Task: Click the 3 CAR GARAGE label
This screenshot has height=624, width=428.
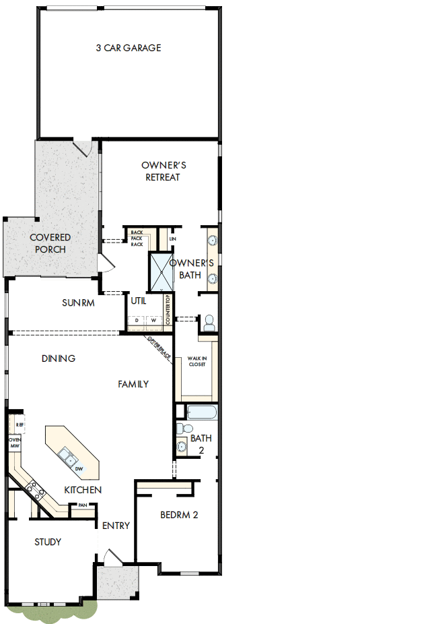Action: tap(129, 48)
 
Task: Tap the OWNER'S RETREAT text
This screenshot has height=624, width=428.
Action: tap(163, 171)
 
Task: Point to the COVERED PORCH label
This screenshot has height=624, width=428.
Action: tap(50, 243)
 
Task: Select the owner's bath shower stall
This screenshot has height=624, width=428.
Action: tap(161, 272)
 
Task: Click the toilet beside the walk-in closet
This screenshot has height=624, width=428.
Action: tap(209, 323)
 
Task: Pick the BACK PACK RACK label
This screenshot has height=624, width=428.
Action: tap(137, 239)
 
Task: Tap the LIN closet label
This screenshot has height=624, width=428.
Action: tap(172, 239)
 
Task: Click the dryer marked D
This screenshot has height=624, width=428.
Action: tap(137, 319)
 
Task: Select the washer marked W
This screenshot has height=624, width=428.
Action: tap(153, 319)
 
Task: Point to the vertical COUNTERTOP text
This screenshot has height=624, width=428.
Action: tap(168, 311)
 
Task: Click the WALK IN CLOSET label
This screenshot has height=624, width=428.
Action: tap(197, 362)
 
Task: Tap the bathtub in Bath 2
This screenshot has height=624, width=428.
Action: tap(203, 412)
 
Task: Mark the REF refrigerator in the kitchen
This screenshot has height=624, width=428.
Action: tap(20, 425)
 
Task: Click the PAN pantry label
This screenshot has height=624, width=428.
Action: tap(83, 505)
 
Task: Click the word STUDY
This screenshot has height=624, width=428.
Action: tap(48, 542)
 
